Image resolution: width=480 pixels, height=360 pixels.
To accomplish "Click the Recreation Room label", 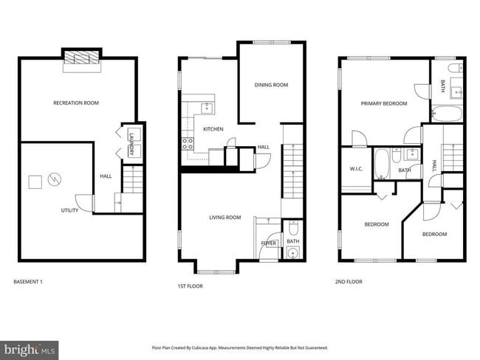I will pyautogui.click(x=76, y=103).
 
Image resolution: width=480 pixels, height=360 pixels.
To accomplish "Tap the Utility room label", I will pyautogui.click(x=69, y=210).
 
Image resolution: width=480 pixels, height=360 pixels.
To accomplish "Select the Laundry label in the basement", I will pyautogui.click(x=132, y=143).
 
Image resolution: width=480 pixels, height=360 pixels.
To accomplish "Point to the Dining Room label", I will pyautogui.click(x=271, y=85).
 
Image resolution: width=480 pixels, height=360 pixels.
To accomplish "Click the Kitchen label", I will pyautogui.click(x=213, y=129).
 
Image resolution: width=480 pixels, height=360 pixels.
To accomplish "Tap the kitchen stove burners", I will pyautogui.click(x=188, y=142).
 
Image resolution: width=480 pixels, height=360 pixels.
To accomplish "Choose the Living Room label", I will pyautogui.click(x=225, y=217).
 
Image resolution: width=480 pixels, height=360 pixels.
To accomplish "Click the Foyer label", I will pyautogui.click(x=268, y=243).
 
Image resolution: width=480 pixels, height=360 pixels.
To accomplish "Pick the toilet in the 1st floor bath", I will pyautogui.click(x=292, y=253).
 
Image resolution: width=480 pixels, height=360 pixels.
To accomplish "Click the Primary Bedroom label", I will pyautogui.click(x=383, y=103).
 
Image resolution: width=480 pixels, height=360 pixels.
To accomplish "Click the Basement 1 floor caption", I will pyautogui.click(x=34, y=282).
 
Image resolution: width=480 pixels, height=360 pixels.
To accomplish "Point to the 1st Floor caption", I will pyautogui.click(x=190, y=286).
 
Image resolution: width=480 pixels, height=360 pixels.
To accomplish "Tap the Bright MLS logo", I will pyautogui.click(x=30, y=347).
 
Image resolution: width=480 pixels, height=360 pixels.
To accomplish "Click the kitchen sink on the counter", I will pyautogui.click(x=206, y=108).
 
